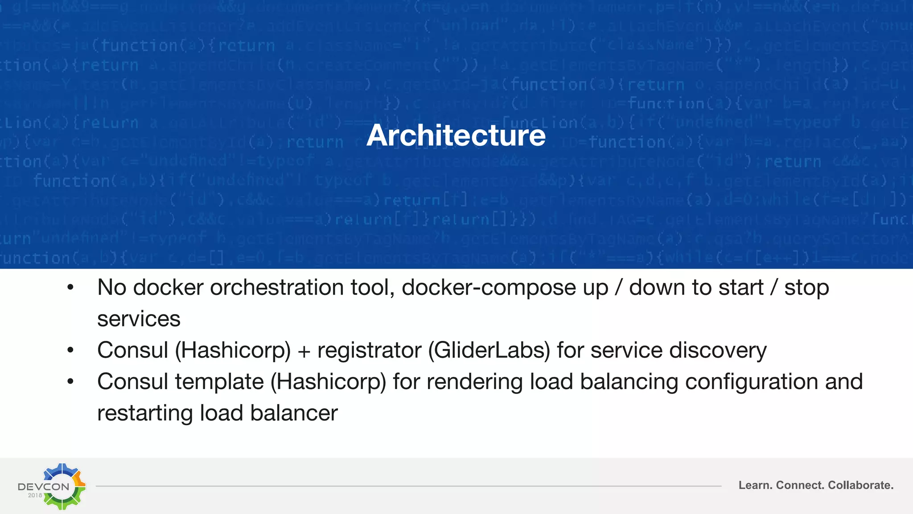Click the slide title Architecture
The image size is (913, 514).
[x=456, y=135]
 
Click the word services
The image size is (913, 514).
[x=139, y=319]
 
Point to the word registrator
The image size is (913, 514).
[x=369, y=350]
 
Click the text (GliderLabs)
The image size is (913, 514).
[x=489, y=350]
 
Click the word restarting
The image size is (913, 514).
[x=145, y=413]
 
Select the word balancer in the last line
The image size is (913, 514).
[x=294, y=413]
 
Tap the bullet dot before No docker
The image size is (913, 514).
[x=70, y=288]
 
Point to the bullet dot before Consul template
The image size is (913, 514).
[x=70, y=382]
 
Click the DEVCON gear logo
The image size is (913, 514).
[x=62, y=486]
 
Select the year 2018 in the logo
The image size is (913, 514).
[x=35, y=495]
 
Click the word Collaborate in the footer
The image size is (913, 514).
[x=860, y=485]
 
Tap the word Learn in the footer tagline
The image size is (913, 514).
[x=755, y=485]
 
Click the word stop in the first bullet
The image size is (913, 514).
[x=806, y=287]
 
